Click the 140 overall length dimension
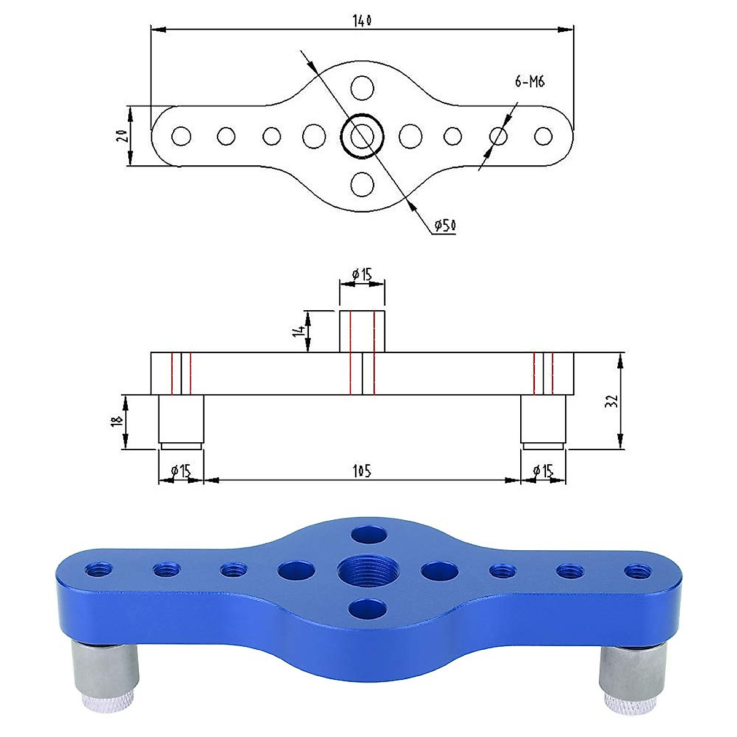pyautogui.click(x=362, y=20)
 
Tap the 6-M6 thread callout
pyautogui.click(x=530, y=82)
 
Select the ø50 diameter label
pyautogui.click(x=445, y=226)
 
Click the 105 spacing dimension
pyautogui.click(x=362, y=470)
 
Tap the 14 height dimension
pyautogui.click(x=300, y=331)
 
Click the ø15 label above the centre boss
pyautogui.click(x=362, y=275)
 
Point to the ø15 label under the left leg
pyautogui.click(x=181, y=471)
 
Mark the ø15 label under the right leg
pyautogui.click(x=544, y=471)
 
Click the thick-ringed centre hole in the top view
pyautogui.click(x=362, y=135)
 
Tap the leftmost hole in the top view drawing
pyautogui.click(x=181, y=136)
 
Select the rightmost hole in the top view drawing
pyautogui.click(x=544, y=136)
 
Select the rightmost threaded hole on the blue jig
pyautogui.click(x=637, y=571)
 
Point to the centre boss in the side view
pyautogui.click(x=362, y=332)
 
